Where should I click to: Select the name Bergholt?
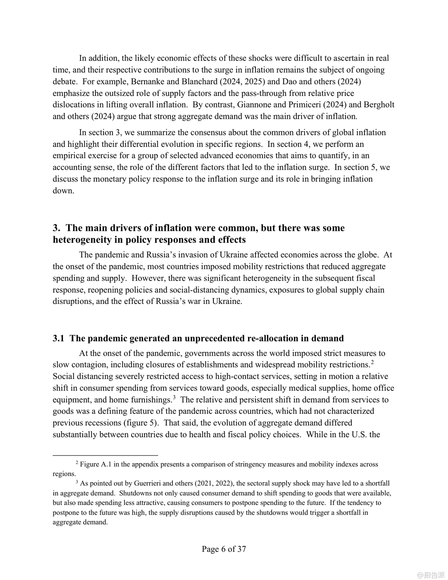[x=378, y=105]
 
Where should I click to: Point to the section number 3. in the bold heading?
[x=57, y=228]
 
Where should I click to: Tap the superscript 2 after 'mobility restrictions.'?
[x=372, y=362]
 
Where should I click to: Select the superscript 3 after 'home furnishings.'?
[x=174, y=397]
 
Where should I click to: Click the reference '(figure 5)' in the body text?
[x=141, y=423]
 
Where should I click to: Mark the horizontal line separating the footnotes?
[x=105, y=455]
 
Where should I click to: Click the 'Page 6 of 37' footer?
[x=224, y=549]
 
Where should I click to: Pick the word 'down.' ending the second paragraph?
[x=63, y=191]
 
